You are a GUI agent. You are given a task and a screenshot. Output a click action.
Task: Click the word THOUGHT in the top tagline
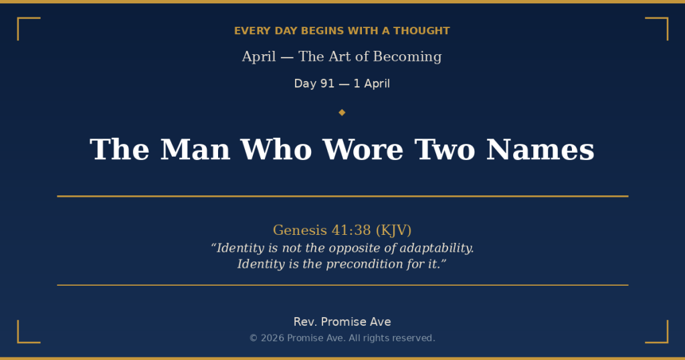point(421,31)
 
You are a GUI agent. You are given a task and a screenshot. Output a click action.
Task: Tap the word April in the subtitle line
point(259,57)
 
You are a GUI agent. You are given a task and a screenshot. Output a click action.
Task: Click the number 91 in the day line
point(327,84)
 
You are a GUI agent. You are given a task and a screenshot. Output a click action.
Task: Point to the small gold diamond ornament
point(342,112)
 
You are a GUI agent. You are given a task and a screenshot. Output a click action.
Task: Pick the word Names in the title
point(541,149)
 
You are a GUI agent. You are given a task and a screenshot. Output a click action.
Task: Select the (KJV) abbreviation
point(393,230)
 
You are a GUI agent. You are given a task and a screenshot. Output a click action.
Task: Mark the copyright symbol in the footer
point(254,338)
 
